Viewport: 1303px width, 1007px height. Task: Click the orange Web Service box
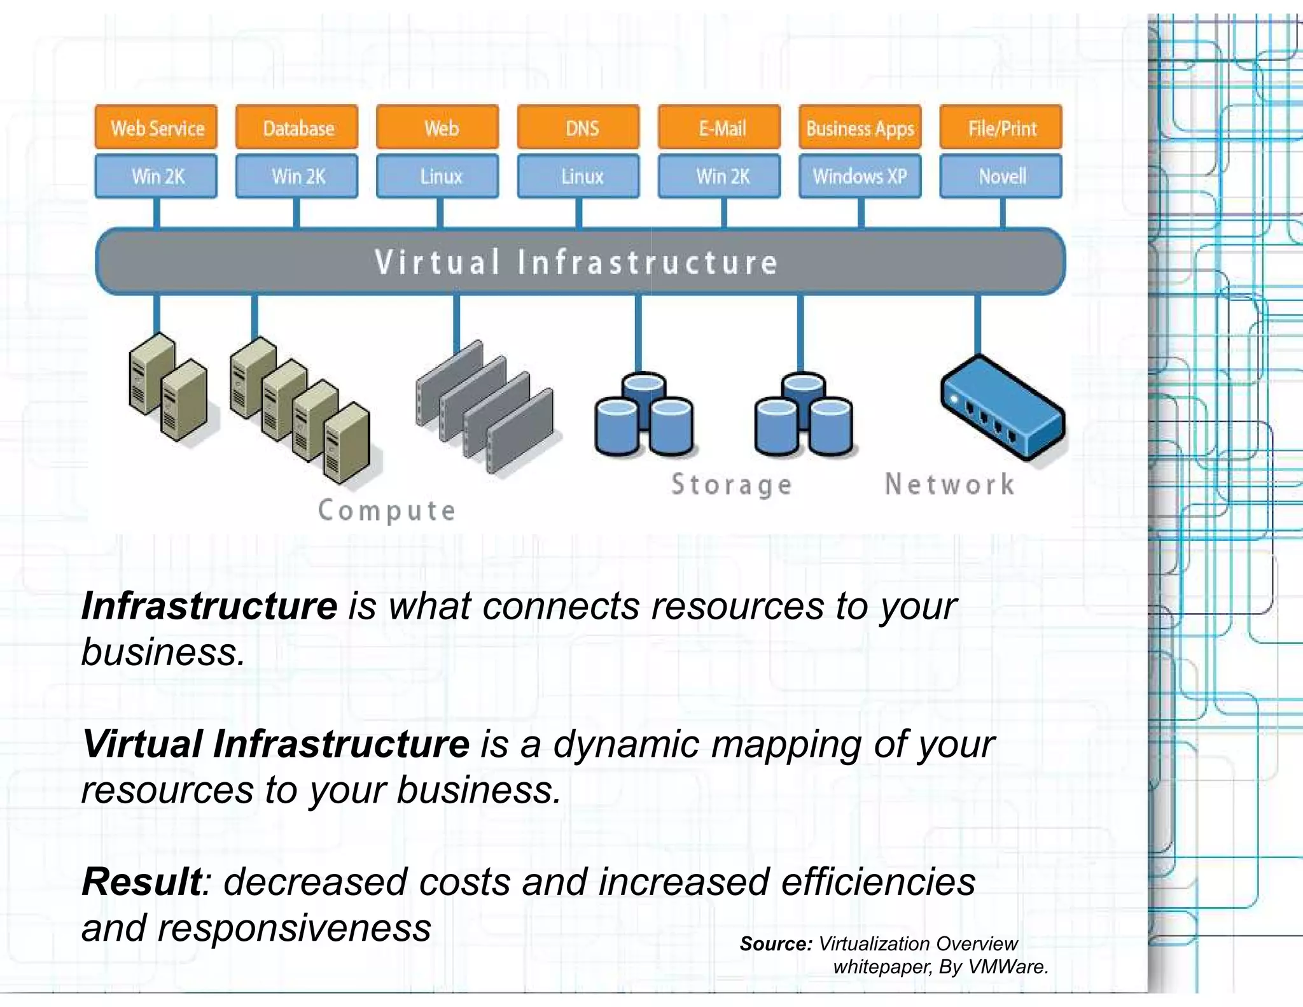[x=156, y=127]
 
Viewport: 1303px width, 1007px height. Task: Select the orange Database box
[x=296, y=127]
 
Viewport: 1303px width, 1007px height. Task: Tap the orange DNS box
[x=578, y=127]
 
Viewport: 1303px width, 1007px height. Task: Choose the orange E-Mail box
[x=720, y=127]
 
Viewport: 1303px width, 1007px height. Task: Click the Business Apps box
[x=860, y=127]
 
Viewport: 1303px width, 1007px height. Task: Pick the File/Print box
[x=1001, y=127]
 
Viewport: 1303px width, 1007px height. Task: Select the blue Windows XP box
[x=860, y=176]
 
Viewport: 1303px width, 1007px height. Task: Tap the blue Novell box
[x=1001, y=176]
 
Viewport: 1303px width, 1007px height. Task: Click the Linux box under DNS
[x=578, y=176]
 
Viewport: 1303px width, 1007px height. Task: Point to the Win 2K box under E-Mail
[x=720, y=176]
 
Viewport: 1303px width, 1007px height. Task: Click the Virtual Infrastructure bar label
[x=576, y=262]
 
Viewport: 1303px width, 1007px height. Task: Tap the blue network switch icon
[x=1002, y=407]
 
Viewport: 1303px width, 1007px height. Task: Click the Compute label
[x=387, y=511]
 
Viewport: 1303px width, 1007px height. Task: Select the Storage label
[x=732, y=485]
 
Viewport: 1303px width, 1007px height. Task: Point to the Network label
[x=949, y=484]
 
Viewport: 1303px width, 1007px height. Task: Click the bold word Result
[x=141, y=882]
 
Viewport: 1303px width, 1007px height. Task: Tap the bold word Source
[x=776, y=943]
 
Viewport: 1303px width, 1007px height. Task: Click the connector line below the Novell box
[x=1003, y=213]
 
